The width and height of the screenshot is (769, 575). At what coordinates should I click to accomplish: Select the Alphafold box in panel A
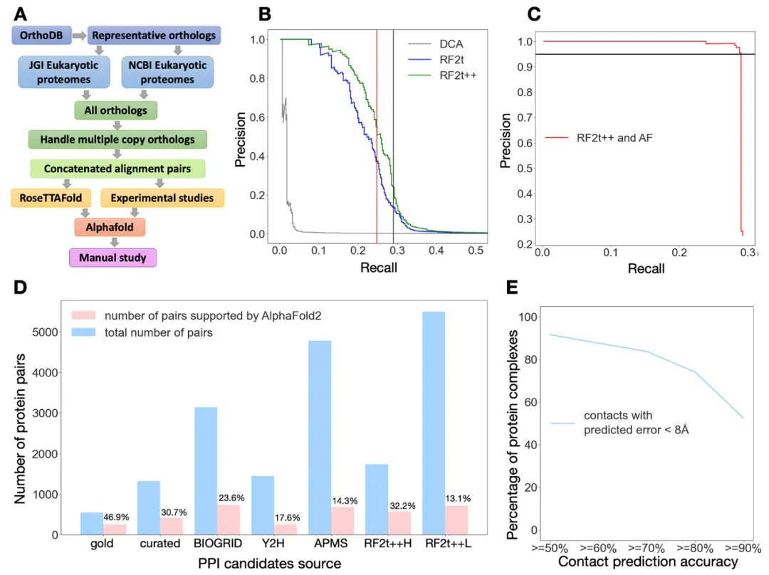click(x=110, y=227)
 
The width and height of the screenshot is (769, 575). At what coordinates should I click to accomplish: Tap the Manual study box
click(x=112, y=257)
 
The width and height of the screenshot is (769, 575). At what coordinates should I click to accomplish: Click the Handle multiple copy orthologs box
click(x=117, y=139)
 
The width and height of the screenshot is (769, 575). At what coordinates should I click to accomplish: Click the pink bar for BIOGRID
click(x=229, y=519)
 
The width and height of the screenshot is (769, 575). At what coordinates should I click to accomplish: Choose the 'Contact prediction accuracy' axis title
click(x=648, y=562)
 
